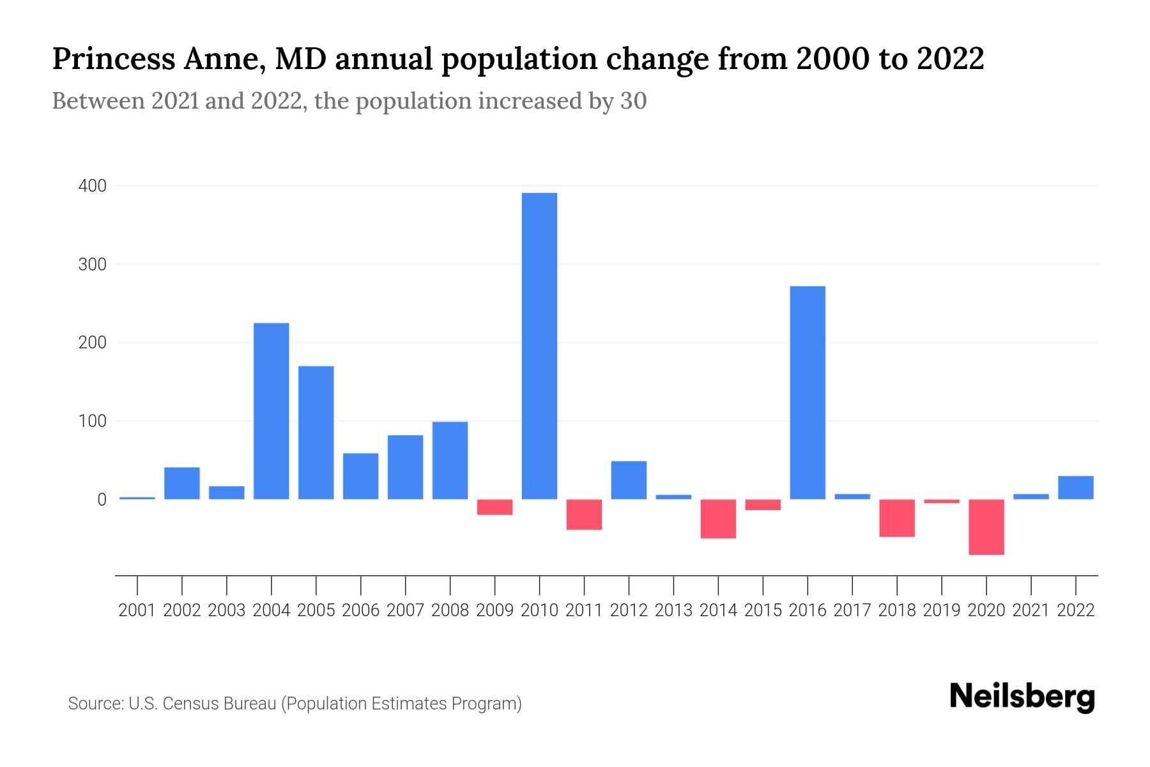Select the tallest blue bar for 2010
coord(539,346)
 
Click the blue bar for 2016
coord(808,392)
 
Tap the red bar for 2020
coord(986,527)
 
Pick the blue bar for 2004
coord(272,411)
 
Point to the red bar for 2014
coord(718,518)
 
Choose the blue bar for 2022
coord(1076,488)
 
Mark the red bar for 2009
coord(494,507)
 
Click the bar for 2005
coord(316,432)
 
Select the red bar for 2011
coord(584,515)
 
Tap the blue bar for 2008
coord(450,460)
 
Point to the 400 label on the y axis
coord(92,186)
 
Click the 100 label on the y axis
coord(92,421)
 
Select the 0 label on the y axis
coord(102,500)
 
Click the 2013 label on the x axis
coord(673,610)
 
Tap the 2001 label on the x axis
coord(137,610)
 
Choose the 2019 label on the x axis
coord(942,610)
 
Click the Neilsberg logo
coord(1022,697)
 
